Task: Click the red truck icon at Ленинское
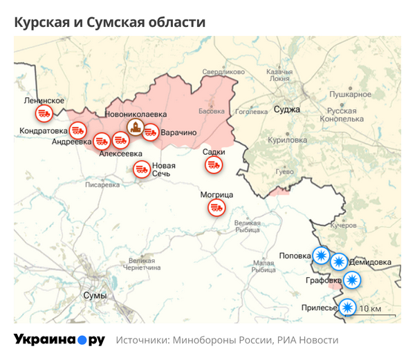point(44,112)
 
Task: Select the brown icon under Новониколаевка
point(136,126)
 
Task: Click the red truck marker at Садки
point(213,164)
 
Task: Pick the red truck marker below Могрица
point(217,207)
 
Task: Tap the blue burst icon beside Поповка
point(321,255)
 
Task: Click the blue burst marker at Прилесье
point(348,307)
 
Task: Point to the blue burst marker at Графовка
point(353,280)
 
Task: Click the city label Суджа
point(286,109)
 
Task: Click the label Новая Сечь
point(164,169)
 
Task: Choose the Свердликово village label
point(223,72)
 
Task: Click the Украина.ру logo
point(59,340)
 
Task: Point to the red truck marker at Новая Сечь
point(142,169)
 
